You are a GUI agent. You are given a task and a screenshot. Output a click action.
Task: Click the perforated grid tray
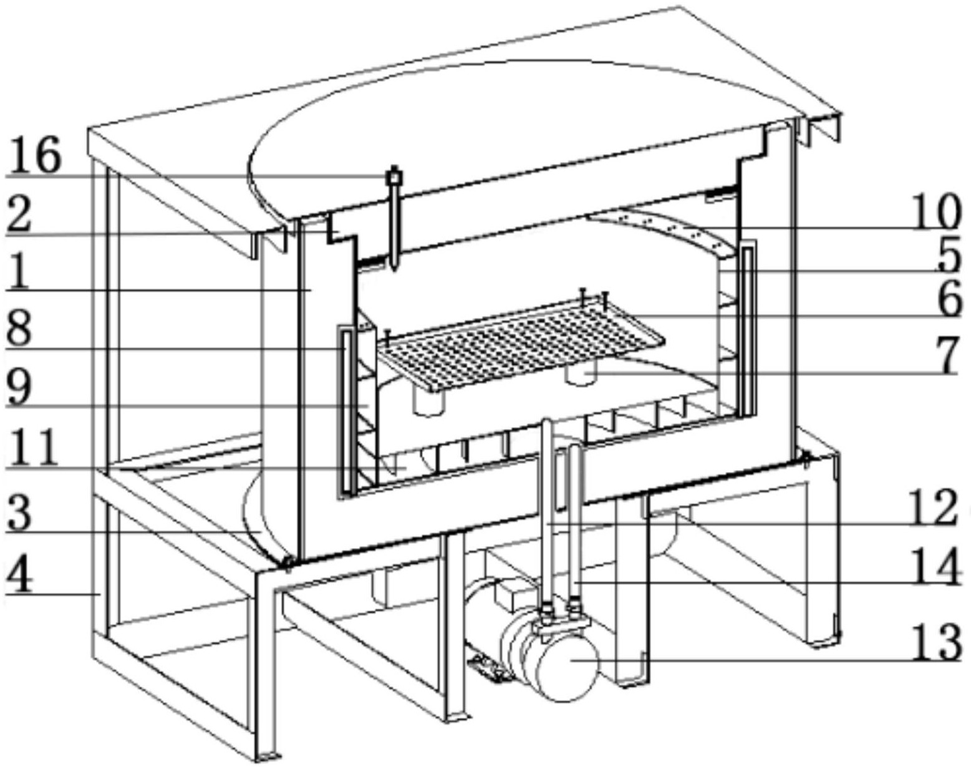(x=519, y=343)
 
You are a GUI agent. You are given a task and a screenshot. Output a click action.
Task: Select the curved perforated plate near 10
(x=658, y=232)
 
